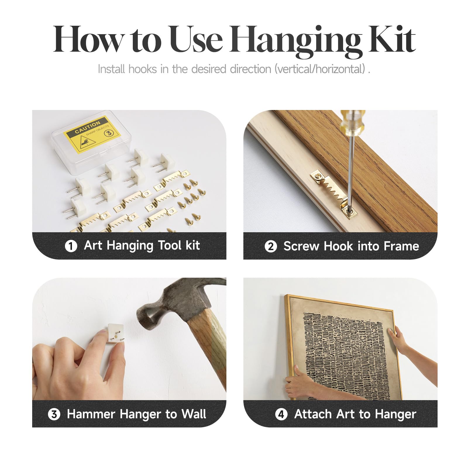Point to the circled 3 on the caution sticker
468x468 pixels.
pos(109,133)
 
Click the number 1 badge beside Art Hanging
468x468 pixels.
pos(71,246)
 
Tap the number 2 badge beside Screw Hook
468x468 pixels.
pos(271,246)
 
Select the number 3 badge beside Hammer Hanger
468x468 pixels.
pos(54,414)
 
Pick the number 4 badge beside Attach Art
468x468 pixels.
pos(281,414)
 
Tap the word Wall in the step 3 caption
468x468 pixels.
pos(194,414)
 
